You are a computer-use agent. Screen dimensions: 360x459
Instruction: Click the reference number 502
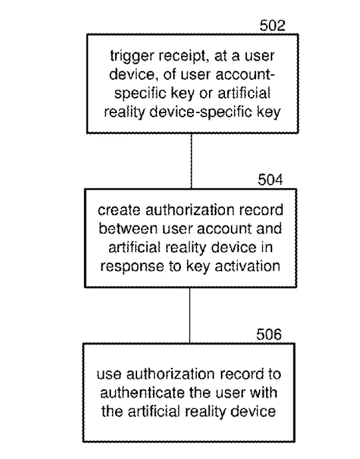272,25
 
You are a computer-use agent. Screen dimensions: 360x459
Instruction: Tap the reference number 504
270,180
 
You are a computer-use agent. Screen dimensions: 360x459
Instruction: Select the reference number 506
269,334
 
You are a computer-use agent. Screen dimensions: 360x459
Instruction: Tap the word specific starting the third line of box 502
140,94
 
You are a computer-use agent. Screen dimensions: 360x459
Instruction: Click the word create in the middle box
119,210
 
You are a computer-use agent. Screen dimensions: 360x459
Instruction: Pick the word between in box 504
128,229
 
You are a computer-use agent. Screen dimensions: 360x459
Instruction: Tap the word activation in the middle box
248,266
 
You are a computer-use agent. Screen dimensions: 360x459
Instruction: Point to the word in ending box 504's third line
267,247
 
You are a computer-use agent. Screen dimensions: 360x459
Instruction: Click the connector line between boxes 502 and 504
192,161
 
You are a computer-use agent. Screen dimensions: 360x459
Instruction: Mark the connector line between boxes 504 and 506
190,315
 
